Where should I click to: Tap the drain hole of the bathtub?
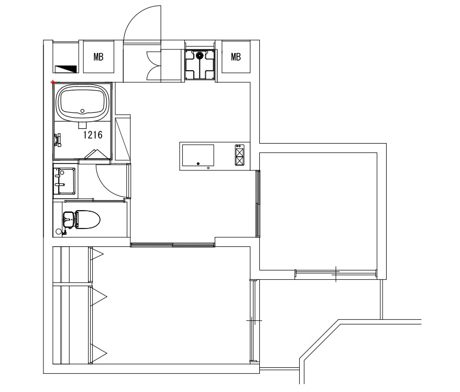tap(82, 111)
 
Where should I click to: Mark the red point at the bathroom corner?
tap(53, 82)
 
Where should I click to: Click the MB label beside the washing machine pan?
tap(236, 57)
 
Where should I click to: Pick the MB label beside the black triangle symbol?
tap(98, 57)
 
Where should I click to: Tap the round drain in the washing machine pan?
tap(200, 55)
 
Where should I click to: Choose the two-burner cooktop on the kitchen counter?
tap(240, 156)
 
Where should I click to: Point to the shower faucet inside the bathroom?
tap(57, 141)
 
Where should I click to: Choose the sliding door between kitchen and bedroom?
tap(173, 244)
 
